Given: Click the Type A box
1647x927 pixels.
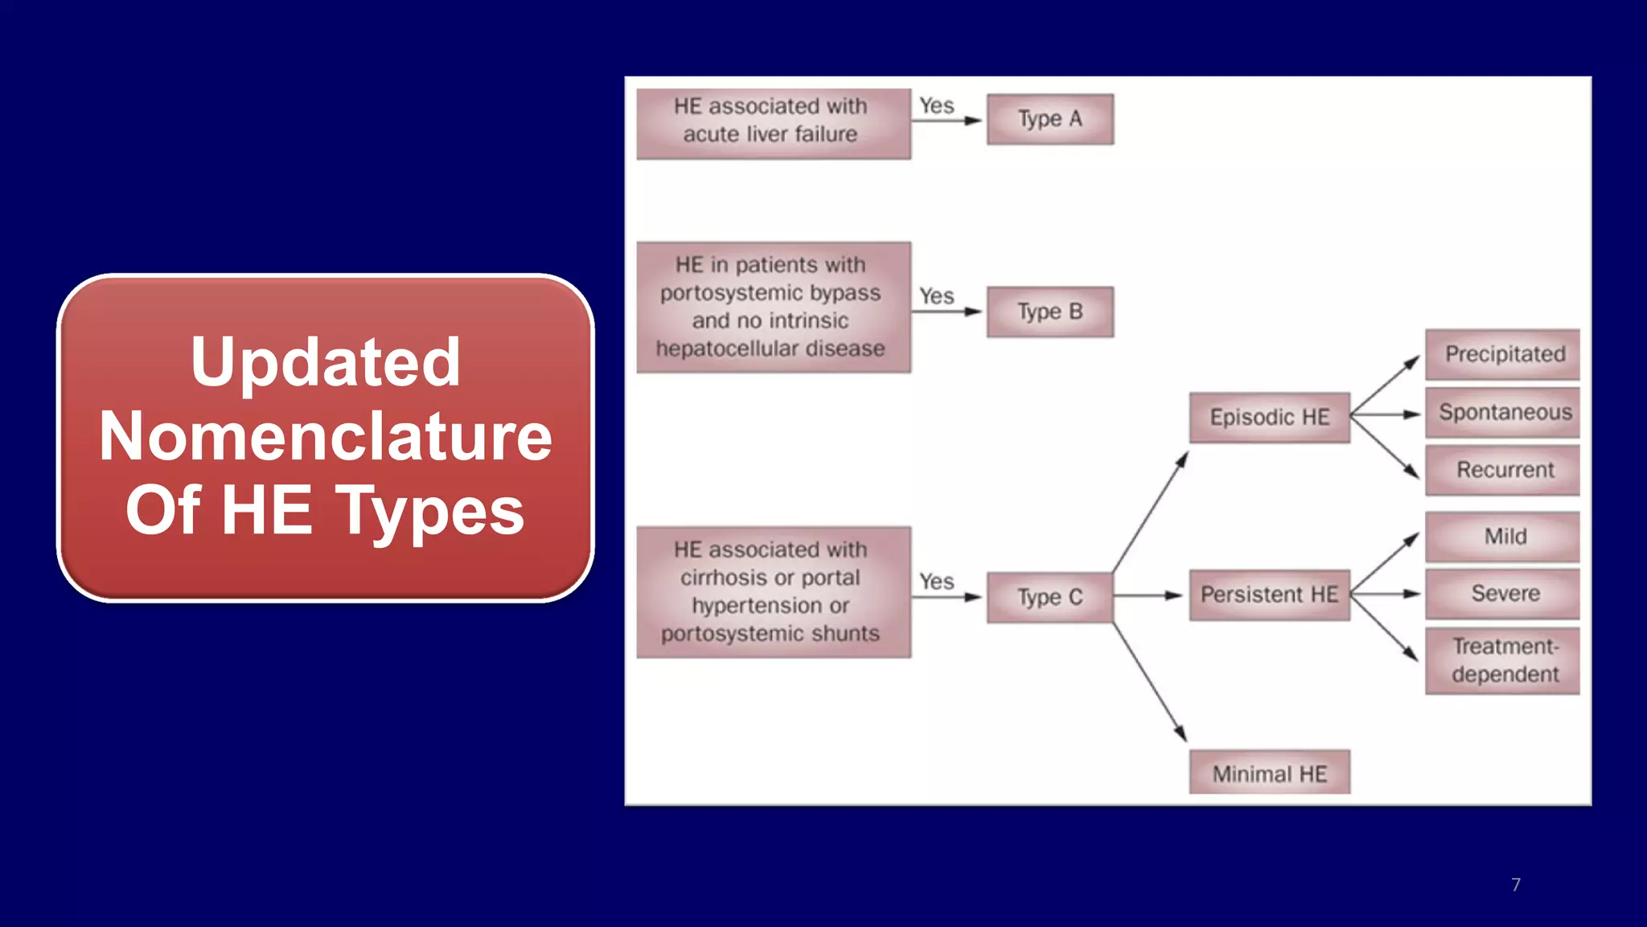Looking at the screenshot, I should click(x=1049, y=119).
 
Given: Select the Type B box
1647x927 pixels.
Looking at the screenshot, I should click(x=1049, y=311).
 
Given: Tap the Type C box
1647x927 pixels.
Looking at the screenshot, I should click(x=1049, y=597).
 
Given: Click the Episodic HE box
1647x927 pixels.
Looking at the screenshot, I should click(x=1269, y=417).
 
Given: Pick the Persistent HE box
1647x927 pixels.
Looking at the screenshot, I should click(x=1269, y=595).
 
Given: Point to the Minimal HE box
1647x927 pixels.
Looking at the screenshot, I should click(x=1269, y=773).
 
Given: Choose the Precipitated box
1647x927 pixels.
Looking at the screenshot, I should click(x=1502, y=354).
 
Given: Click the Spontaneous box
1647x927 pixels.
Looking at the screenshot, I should click(x=1502, y=412).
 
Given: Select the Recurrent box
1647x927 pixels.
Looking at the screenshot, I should click(x=1502, y=470).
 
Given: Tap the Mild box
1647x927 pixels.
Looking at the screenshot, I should click(x=1502, y=537).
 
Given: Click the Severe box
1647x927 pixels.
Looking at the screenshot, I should click(x=1502, y=594).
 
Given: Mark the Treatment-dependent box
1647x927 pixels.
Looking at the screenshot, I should click(x=1502, y=661).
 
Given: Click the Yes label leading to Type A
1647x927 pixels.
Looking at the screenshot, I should click(x=937, y=105).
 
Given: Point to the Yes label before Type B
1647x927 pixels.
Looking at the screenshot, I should click(x=937, y=296).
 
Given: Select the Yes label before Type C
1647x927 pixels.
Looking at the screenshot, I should click(x=937, y=581).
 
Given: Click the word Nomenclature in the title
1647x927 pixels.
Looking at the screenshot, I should click(x=326, y=436).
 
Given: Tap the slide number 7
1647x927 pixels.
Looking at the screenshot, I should click(x=1516, y=884).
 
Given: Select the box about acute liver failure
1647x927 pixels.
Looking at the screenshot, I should click(x=773, y=123).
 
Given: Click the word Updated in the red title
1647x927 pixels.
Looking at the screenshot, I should click(x=326, y=362).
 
